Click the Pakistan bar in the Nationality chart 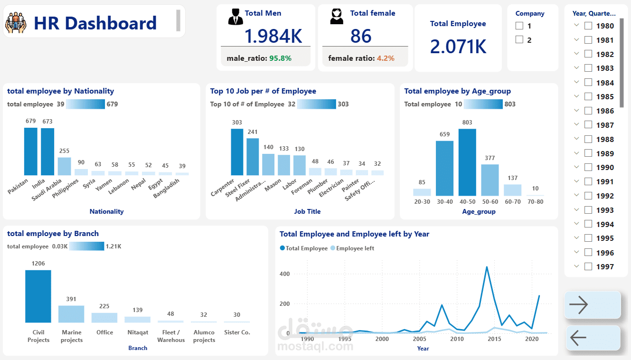(x=31, y=152)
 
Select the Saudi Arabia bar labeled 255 (x=64, y=166)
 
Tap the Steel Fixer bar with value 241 (x=253, y=157)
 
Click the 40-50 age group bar (x=467, y=162)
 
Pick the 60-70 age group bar (x=512, y=190)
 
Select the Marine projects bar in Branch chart (x=71, y=314)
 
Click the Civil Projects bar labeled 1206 (x=38, y=296)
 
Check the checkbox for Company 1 (x=519, y=26)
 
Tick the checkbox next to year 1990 (x=588, y=167)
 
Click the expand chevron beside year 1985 (x=576, y=96)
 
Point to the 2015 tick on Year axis (x=494, y=339)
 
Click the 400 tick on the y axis (x=284, y=274)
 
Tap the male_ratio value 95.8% (x=280, y=58)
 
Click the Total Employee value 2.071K (x=458, y=47)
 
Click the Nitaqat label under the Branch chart (x=137, y=332)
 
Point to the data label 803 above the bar (x=467, y=123)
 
